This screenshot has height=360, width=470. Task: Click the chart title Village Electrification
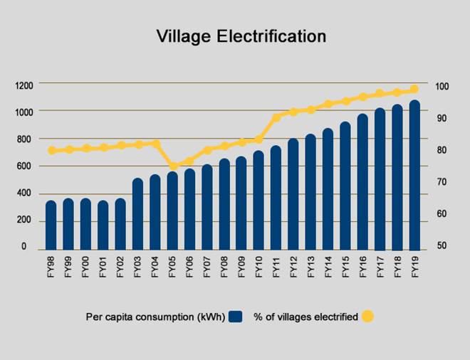[x=241, y=36]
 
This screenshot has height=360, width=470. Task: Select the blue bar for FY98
[x=51, y=226]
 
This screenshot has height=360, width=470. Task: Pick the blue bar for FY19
[x=414, y=176]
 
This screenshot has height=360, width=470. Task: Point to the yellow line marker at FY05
[x=173, y=166]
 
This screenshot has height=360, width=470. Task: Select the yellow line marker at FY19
[x=414, y=90]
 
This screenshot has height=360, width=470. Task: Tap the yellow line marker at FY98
[x=51, y=151]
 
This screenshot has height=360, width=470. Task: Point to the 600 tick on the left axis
[x=26, y=167]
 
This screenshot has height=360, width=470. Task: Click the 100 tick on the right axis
[x=442, y=86]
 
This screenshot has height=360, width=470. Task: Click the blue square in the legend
[x=237, y=317]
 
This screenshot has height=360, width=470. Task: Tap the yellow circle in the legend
[x=367, y=317]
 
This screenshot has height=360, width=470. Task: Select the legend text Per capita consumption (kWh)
[x=155, y=317]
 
